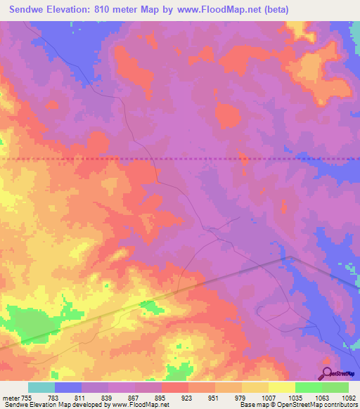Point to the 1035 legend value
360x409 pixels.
coord(295,398)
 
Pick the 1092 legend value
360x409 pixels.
coord(349,398)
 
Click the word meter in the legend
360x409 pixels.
coord(11,398)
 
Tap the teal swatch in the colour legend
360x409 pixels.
coord(41,387)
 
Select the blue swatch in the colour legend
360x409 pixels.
coord(68,387)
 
